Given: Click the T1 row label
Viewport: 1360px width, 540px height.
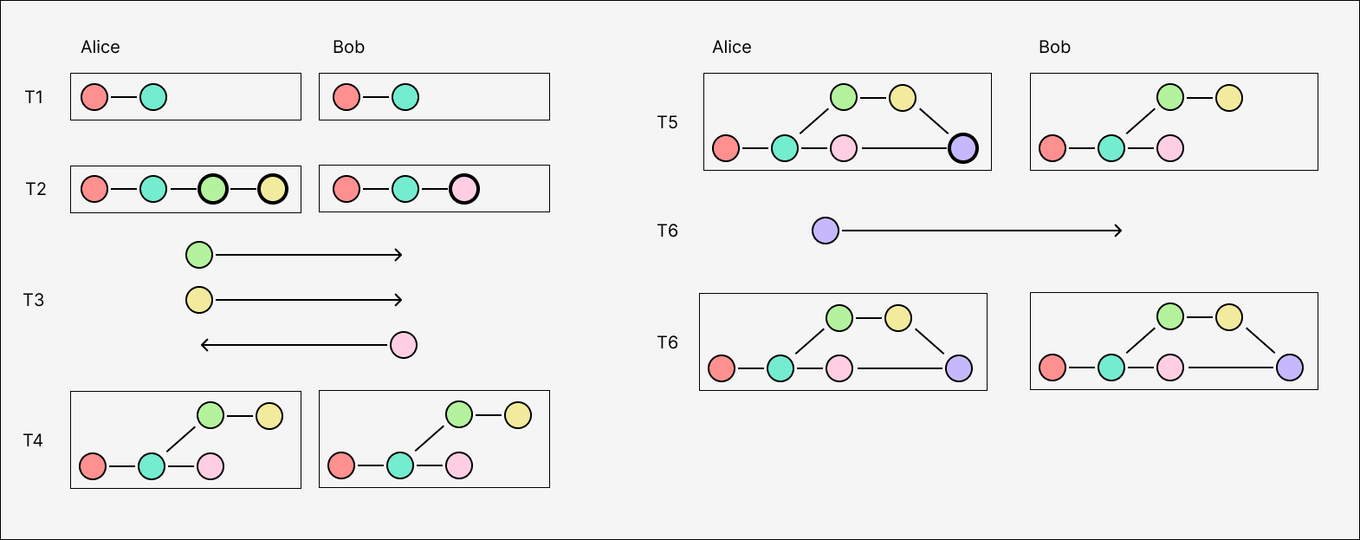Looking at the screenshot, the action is [34, 97].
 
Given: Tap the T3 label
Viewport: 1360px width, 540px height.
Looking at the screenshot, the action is [34, 300].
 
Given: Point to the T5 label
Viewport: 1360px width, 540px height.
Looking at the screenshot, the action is [667, 123].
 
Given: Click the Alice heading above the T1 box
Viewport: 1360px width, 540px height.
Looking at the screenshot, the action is [100, 48].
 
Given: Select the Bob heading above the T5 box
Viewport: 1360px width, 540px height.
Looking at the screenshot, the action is [1054, 48].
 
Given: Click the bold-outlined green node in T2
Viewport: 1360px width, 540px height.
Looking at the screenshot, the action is [213, 189].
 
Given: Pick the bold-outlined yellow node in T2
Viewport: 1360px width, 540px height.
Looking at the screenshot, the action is [273, 189].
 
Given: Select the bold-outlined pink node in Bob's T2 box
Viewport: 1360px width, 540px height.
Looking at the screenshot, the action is [464, 189].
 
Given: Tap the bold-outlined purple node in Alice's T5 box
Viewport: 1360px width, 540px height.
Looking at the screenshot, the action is [963, 148].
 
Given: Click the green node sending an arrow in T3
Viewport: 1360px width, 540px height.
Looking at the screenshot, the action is [199, 255].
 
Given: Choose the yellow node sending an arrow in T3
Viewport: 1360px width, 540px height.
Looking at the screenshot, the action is [199, 300].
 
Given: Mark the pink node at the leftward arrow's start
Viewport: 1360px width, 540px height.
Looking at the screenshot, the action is [404, 345].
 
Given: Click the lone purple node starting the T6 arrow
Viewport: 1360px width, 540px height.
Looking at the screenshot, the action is [826, 231].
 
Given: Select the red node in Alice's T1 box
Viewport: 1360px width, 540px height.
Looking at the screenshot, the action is [94, 97].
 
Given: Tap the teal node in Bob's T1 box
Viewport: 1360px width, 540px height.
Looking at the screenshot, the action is [405, 97].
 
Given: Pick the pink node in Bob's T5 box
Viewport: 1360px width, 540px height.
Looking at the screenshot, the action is [1170, 148].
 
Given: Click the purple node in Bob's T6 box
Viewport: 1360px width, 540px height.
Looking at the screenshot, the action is [1290, 368].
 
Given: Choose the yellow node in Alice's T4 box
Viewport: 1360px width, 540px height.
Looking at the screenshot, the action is [269, 416].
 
